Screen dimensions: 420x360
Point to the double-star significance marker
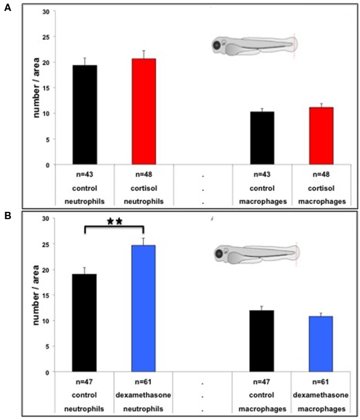[114, 222]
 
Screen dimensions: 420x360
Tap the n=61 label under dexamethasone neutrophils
[144, 383]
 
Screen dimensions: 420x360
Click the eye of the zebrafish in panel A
[216, 45]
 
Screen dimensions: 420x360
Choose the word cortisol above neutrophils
[144, 188]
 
